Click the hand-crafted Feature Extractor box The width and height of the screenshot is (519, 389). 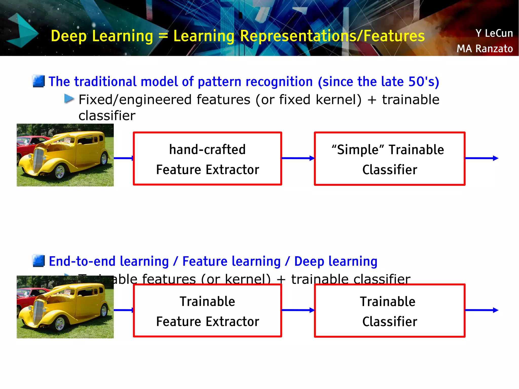(x=207, y=159)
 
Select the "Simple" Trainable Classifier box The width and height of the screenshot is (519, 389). (x=390, y=159)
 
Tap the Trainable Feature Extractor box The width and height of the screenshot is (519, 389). (x=207, y=311)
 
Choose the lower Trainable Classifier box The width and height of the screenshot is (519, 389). (x=390, y=311)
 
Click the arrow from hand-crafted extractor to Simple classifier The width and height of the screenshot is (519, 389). (x=298, y=158)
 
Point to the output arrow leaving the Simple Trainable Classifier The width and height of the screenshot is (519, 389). (x=481, y=158)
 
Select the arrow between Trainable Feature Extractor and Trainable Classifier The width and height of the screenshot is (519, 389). (x=298, y=310)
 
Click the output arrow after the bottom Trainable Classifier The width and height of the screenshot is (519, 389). (x=481, y=310)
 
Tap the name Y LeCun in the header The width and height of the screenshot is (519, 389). (x=494, y=33)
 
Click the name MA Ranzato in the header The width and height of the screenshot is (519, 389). (x=485, y=48)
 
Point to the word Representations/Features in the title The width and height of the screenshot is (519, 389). (x=332, y=36)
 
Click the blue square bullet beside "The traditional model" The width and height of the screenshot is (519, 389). (x=39, y=81)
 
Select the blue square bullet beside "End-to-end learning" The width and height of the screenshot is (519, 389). (x=39, y=261)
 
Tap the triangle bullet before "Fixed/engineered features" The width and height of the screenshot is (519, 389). (x=69, y=99)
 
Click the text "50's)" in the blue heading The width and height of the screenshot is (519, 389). (x=423, y=82)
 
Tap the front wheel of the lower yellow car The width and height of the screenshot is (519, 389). (x=60, y=324)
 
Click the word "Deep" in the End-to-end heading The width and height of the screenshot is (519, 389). (x=309, y=262)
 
